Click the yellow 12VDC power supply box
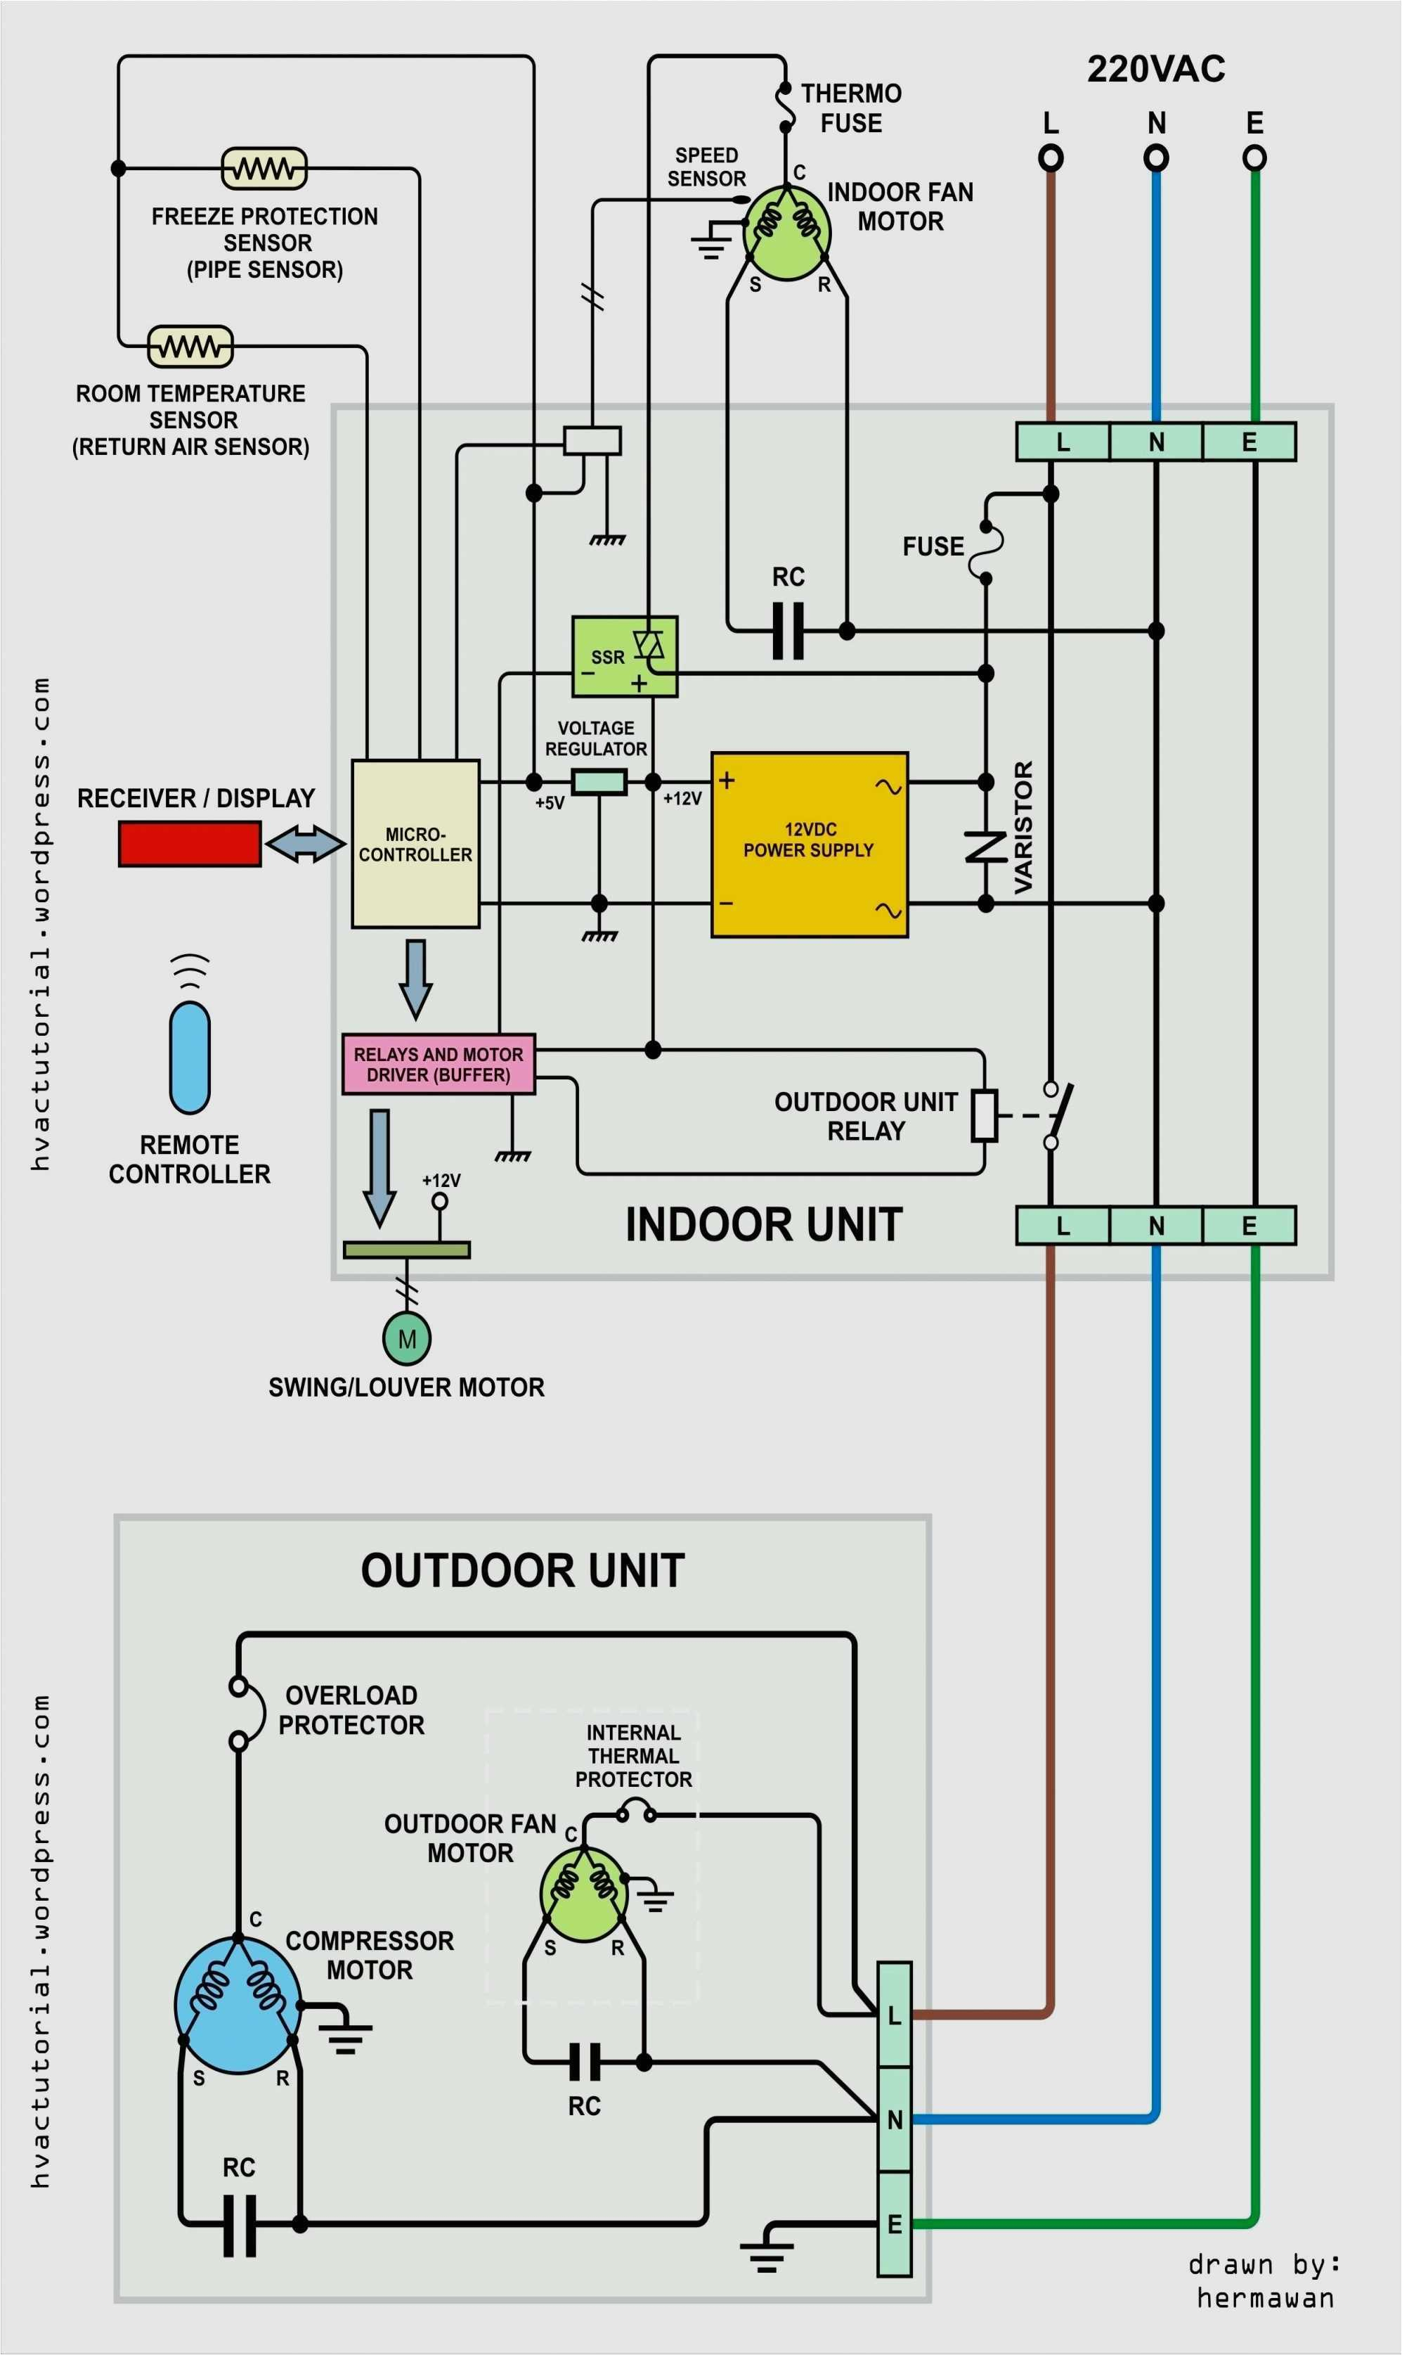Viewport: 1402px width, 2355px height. tap(809, 844)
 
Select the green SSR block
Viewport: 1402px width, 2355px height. tap(623, 657)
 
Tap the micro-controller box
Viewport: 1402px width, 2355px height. tap(415, 844)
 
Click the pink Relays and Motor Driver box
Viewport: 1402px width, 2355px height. tap(437, 1064)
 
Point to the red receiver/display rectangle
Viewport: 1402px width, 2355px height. tap(189, 843)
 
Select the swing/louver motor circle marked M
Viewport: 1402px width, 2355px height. tap(407, 1338)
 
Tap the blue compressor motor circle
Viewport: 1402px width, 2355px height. tap(238, 2006)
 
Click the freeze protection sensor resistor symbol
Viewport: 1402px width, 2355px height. tap(264, 168)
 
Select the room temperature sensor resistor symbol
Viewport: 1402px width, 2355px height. tap(190, 346)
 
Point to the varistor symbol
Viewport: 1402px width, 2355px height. tap(985, 846)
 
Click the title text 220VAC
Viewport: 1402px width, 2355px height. tap(1155, 69)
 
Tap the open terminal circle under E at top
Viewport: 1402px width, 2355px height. tap(1254, 158)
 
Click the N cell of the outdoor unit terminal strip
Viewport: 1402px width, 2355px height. tap(894, 2119)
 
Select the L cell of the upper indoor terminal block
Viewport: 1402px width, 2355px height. tap(1062, 442)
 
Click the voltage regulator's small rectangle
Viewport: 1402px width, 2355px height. tap(599, 781)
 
